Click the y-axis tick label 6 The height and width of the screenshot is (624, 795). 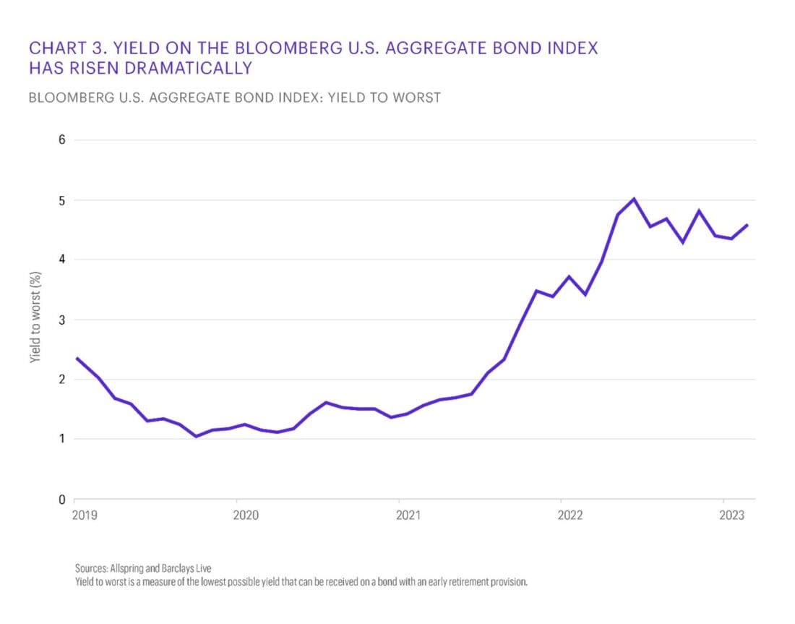pos(62,140)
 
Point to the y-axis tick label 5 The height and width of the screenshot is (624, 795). pos(62,200)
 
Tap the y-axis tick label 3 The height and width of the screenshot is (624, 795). pos(62,320)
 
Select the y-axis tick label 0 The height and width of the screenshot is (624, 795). pos(62,499)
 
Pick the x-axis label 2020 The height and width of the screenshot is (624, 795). pos(246,516)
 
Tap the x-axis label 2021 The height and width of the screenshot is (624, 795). pos(408,516)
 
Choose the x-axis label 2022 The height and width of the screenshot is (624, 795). pos(570,516)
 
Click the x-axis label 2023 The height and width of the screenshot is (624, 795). pos(732,516)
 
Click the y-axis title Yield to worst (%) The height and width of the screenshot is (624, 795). pos(35,318)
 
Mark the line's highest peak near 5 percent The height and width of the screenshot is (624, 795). pos(633,198)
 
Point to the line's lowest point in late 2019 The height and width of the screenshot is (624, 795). pos(195,436)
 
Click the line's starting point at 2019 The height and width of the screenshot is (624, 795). pos(76,358)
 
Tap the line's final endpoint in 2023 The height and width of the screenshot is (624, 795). pos(747,225)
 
